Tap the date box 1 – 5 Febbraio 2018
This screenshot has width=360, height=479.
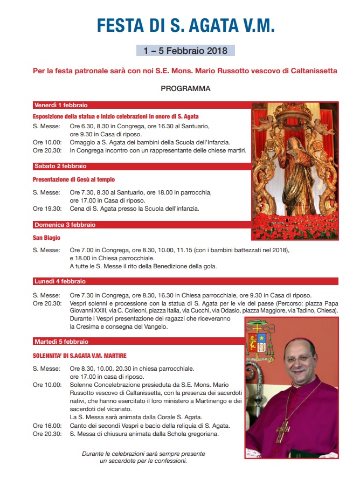tap(185, 51)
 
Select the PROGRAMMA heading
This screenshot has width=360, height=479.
tap(185, 88)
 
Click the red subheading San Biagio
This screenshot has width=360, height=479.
tap(46, 238)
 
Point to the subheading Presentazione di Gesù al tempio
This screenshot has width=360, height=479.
tap(73, 179)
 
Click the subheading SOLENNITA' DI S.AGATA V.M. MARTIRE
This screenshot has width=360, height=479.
tap(79, 356)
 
